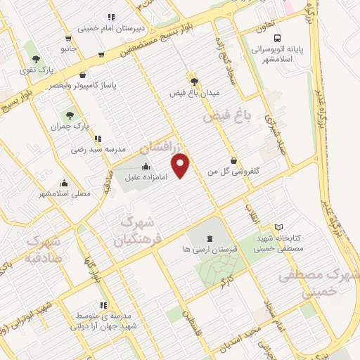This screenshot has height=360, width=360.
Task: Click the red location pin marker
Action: (181, 165)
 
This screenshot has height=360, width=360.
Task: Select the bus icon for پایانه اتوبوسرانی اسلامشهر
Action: (279, 39)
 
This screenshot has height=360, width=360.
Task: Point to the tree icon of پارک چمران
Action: (69, 115)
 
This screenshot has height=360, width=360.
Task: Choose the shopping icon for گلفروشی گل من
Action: (233, 160)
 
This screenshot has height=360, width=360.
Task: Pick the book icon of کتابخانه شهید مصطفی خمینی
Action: (279, 227)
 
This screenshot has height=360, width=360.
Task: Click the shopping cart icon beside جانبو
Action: (68, 39)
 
